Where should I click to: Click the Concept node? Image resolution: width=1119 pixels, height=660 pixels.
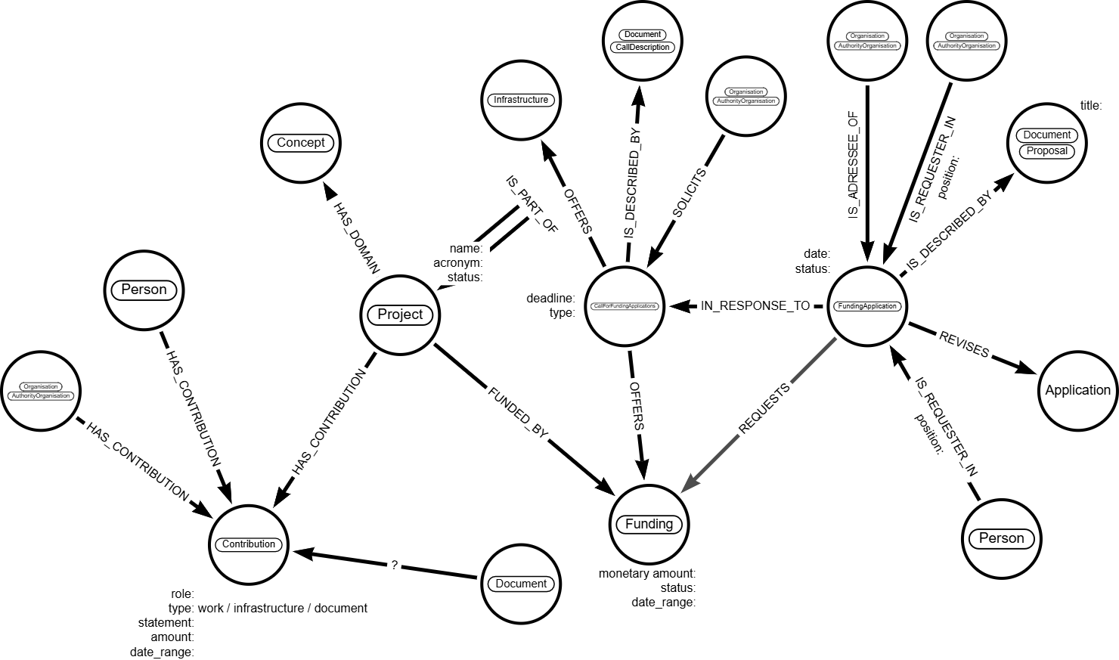(301, 143)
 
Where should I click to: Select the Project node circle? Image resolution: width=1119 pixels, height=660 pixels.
(400, 315)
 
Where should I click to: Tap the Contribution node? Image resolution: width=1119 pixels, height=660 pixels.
(249, 544)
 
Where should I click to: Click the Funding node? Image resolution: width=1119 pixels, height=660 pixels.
(649, 524)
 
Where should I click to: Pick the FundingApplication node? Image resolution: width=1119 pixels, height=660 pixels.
(867, 306)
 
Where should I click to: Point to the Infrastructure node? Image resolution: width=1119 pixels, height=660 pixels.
(521, 100)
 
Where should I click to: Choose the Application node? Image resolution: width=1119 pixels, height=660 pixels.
(1077, 390)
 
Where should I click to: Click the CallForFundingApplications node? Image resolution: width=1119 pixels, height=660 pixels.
(625, 306)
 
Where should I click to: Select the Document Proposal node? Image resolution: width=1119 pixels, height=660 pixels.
(1047, 143)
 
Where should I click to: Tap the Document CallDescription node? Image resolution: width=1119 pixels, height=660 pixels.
(643, 41)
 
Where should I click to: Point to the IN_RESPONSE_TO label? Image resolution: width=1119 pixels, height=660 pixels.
(755, 306)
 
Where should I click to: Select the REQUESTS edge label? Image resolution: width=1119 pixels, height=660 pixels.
(764, 409)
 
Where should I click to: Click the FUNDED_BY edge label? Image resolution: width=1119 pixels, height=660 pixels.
(518, 413)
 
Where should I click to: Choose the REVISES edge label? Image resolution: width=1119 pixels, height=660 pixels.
(963, 345)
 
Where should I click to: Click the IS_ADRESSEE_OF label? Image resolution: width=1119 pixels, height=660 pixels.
(854, 165)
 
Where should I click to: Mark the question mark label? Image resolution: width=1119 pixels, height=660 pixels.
(394, 565)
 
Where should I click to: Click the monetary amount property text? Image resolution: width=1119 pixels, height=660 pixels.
(647, 574)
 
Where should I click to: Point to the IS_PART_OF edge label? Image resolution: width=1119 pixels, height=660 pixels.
(531, 205)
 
